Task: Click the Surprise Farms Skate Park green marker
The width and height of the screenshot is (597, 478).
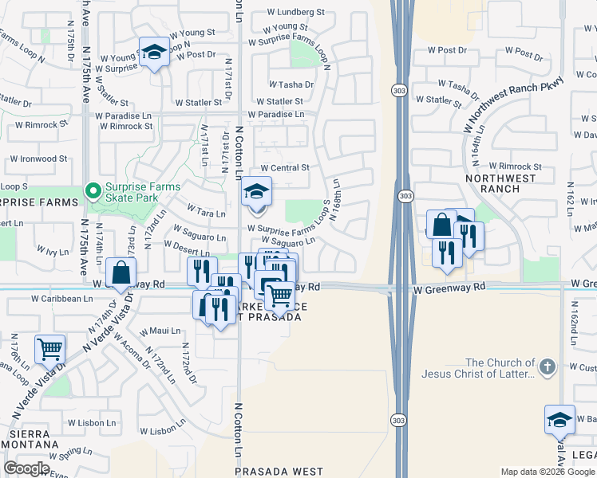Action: coord(93,191)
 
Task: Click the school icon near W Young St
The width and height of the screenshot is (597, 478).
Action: coord(155,52)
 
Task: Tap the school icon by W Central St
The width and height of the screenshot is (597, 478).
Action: coord(256,192)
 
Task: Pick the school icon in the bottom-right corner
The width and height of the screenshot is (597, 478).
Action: coord(559,419)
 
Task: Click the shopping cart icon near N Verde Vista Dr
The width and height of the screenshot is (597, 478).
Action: coord(50,348)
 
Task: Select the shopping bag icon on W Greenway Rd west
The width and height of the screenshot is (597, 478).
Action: coord(120,272)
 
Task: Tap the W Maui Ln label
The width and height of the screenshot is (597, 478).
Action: coord(160,331)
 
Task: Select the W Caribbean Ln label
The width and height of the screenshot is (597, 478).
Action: coord(61,299)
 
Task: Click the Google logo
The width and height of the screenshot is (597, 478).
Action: coord(27,468)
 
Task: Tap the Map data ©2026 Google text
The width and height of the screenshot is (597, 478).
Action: coord(547,472)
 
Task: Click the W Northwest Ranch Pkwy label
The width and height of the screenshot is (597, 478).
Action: coord(512,104)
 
